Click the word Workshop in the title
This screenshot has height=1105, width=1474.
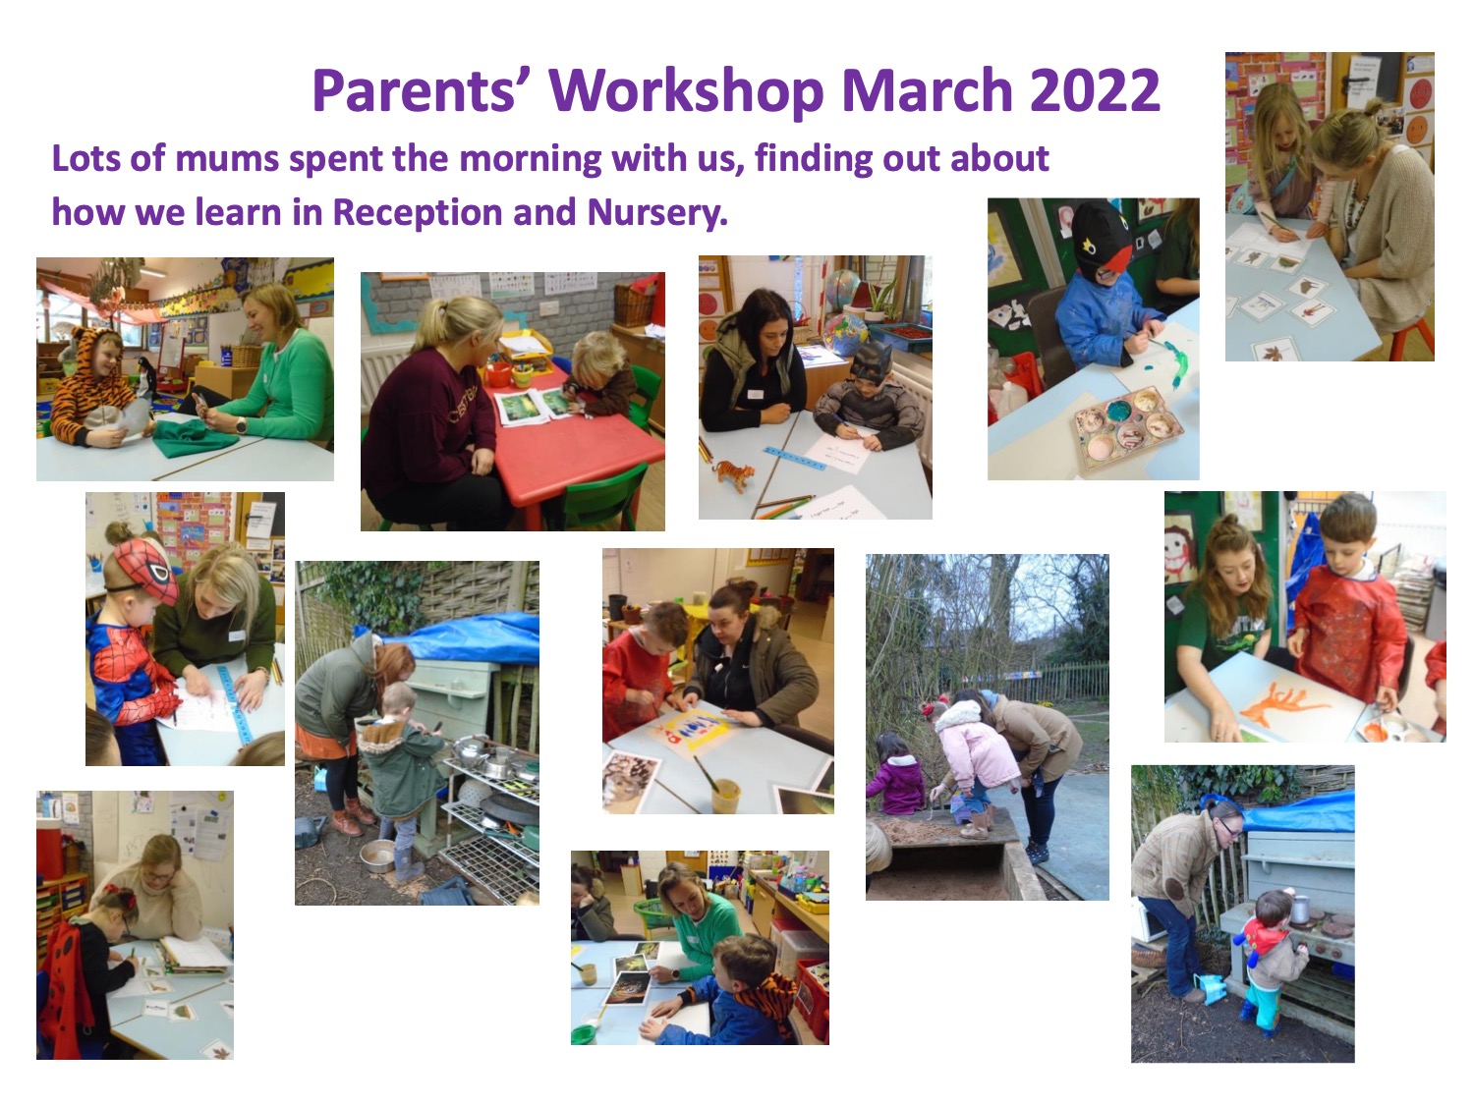coord(686,92)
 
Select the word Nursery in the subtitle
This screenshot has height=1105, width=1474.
coord(657,213)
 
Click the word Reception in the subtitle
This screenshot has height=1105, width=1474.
coord(418,213)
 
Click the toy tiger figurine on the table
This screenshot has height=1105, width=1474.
coord(733,474)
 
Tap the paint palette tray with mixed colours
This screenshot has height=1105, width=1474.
coord(1129,424)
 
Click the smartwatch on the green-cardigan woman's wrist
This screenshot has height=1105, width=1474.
coord(241,424)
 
